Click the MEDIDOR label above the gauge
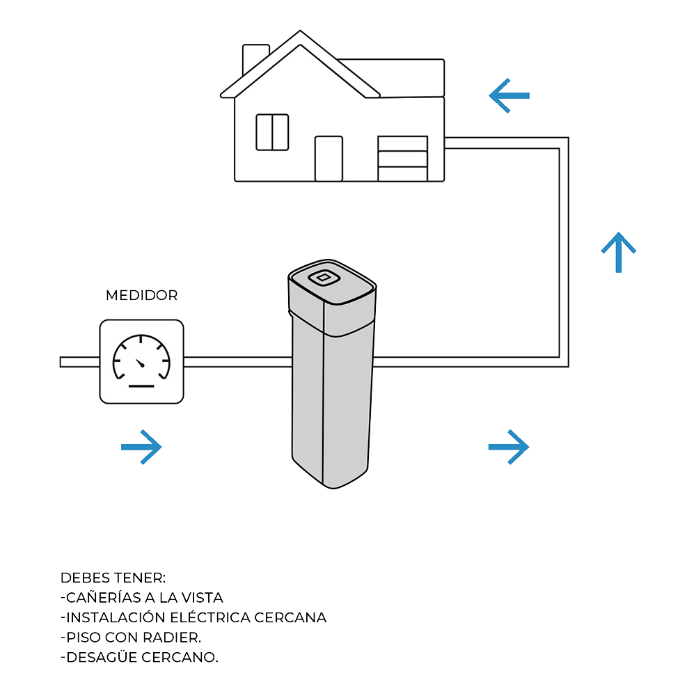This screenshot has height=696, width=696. coord(141,295)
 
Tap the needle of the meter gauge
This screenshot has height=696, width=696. coord(140,363)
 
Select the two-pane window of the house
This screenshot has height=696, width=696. coord(272,132)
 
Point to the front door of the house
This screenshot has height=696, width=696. coord(329,159)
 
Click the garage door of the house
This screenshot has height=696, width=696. coord(402,159)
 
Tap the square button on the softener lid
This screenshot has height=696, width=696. coord(322,278)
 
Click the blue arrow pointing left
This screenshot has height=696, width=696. coord(509,95)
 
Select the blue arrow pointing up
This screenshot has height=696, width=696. coord(618,252)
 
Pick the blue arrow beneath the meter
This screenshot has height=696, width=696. coord(141,446)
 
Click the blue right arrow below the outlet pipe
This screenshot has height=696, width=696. coord(509,446)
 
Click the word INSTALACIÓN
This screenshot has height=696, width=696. coord(112,617)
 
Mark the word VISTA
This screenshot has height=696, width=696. coord(202,597)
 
